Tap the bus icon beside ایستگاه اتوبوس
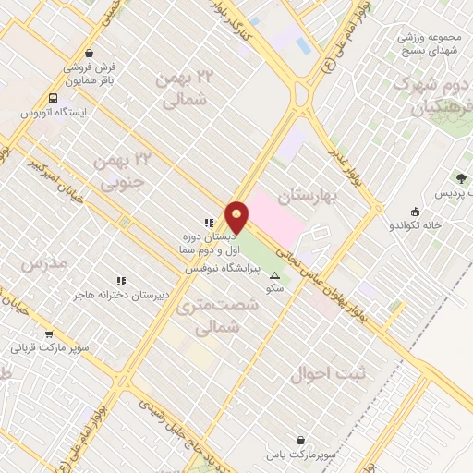coord(54,98)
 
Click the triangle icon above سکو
coord(274,276)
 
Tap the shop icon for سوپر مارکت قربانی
coord(49,334)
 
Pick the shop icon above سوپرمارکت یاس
coord(299,441)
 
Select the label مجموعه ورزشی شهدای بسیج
coord(430,44)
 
